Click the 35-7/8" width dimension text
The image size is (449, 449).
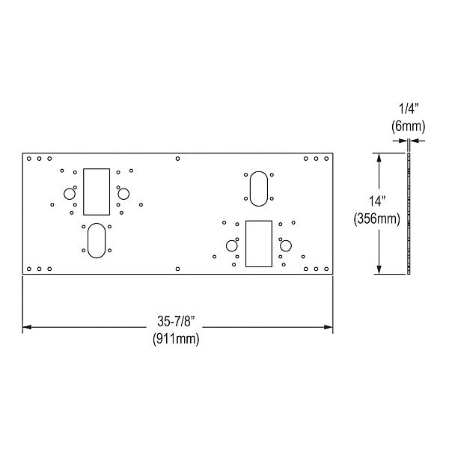point(177,321)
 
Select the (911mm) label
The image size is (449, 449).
point(177,337)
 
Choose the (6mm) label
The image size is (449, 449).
point(409,127)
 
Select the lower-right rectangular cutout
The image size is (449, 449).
point(258,243)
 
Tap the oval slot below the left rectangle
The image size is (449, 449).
point(97,239)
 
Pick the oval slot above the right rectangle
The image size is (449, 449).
point(258,188)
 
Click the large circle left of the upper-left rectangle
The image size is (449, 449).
point(69,194)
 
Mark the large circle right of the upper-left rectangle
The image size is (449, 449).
point(123,194)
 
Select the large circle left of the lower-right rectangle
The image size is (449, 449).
point(231,245)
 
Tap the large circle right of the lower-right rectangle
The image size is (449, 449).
point(285,245)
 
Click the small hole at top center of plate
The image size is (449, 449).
point(177,159)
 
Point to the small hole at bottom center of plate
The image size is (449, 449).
point(177,269)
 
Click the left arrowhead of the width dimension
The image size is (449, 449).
point(27,327)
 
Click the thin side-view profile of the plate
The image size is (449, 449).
point(409,213)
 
